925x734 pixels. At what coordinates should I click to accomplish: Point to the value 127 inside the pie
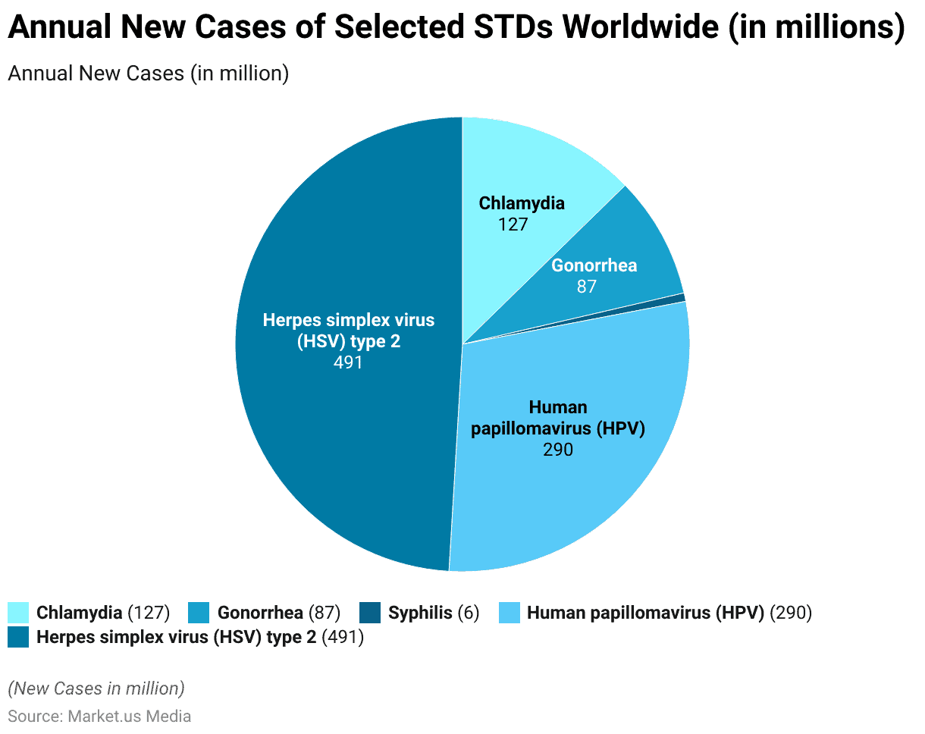513,224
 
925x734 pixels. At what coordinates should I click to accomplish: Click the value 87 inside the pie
586,287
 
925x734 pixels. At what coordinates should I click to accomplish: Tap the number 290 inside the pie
557,449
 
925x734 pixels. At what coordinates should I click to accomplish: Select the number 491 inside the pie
348,362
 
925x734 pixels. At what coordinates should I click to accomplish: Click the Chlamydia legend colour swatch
18,613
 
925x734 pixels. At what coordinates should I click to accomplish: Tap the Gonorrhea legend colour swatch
199,613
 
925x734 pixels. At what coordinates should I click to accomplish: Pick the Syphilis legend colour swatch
370,613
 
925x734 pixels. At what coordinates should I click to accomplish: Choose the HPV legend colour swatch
509,613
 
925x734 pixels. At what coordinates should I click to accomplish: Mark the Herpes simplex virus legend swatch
18,637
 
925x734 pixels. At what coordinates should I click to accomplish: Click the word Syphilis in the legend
420,613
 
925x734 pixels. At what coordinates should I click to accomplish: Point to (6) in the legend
469,613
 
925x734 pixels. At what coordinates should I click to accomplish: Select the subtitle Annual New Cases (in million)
149,74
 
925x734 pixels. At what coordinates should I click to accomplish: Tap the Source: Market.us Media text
99,716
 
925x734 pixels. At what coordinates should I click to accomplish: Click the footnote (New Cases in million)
96,689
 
